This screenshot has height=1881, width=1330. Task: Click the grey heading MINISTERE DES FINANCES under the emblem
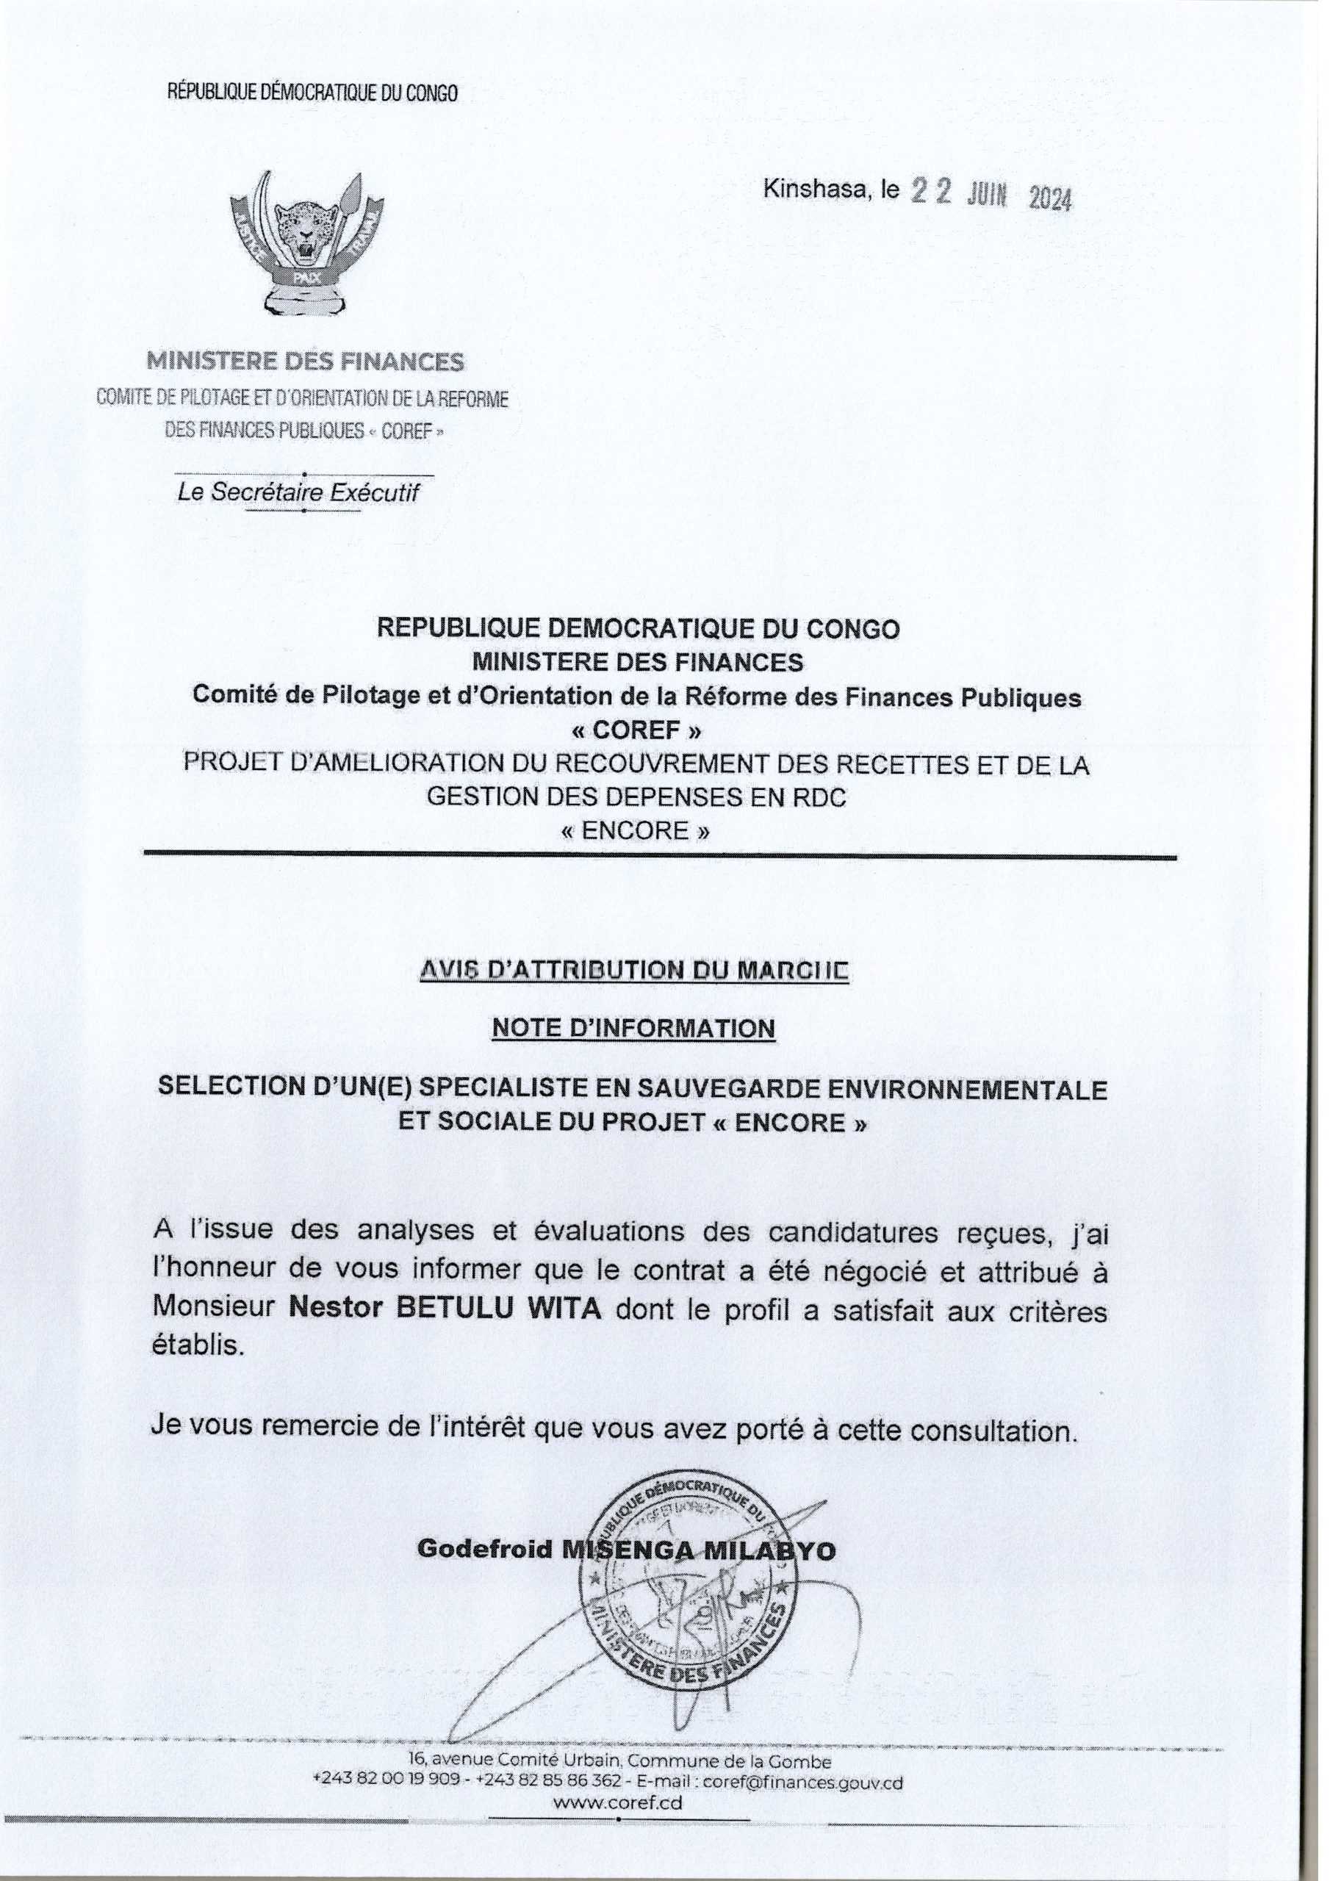pos(305,362)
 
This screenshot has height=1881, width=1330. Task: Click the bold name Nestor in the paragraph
pos(337,1310)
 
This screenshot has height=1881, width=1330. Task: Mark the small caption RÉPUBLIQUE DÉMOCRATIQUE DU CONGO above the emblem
pos(313,93)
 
